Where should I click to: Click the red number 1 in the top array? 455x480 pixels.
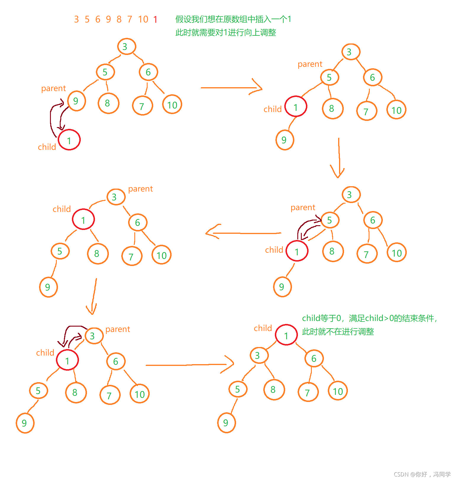click(x=155, y=20)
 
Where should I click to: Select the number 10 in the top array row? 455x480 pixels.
click(x=143, y=20)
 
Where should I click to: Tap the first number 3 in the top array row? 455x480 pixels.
click(x=76, y=20)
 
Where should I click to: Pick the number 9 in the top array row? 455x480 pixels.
click(x=108, y=20)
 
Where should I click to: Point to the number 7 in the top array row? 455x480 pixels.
click(x=130, y=20)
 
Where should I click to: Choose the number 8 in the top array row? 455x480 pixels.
click(x=119, y=20)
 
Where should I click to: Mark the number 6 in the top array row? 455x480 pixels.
click(x=98, y=20)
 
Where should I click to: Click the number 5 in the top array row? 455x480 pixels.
click(x=87, y=20)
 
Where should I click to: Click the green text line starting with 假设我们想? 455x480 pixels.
click(x=233, y=19)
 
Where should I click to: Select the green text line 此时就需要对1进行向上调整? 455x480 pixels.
click(x=225, y=33)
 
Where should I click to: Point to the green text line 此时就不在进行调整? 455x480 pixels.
click(x=338, y=332)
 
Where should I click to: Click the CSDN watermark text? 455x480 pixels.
click(x=422, y=474)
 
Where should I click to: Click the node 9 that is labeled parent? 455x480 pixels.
click(x=76, y=101)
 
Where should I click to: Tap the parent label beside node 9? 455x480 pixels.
click(x=53, y=88)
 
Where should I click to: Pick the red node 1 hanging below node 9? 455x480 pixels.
click(x=69, y=140)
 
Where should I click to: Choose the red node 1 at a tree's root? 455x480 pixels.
click(x=286, y=335)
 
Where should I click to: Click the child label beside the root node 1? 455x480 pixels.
click(x=263, y=328)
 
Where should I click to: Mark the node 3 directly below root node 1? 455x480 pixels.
click(x=259, y=355)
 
